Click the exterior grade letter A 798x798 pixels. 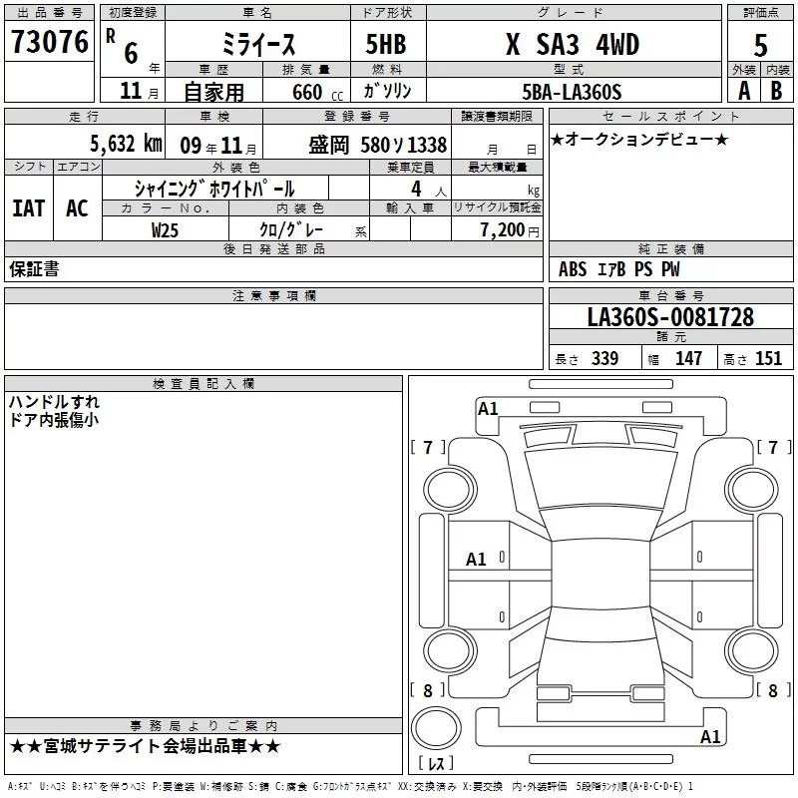tap(743, 91)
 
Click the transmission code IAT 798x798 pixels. tap(28, 208)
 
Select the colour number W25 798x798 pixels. tap(166, 228)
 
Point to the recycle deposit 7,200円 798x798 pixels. tap(504, 228)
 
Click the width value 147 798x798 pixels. tap(688, 359)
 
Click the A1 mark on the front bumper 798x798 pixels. tap(488, 408)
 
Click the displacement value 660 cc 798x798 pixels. tap(301, 92)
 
